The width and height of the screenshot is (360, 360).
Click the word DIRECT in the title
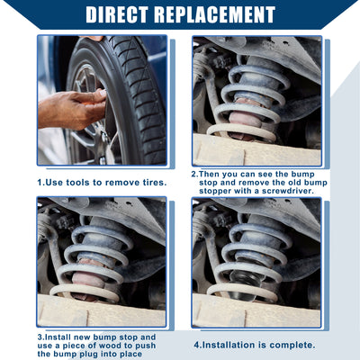pyautogui.click(x=117, y=14)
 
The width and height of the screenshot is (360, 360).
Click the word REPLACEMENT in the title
pyautogui.click(x=215, y=14)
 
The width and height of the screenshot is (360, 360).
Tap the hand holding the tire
pyautogui.click(x=72, y=110)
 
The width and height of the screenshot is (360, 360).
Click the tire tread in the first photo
pyautogui.click(x=141, y=99)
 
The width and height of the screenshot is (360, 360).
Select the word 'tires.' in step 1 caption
pyautogui.click(x=155, y=183)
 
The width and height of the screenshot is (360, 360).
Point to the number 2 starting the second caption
pyautogui.click(x=194, y=174)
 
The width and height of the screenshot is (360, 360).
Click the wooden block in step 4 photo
pyautogui.click(x=256, y=311)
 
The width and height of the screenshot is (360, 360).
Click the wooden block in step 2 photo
pyautogui.click(x=256, y=150)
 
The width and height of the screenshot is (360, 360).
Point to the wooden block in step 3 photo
pyautogui.click(x=102, y=311)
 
